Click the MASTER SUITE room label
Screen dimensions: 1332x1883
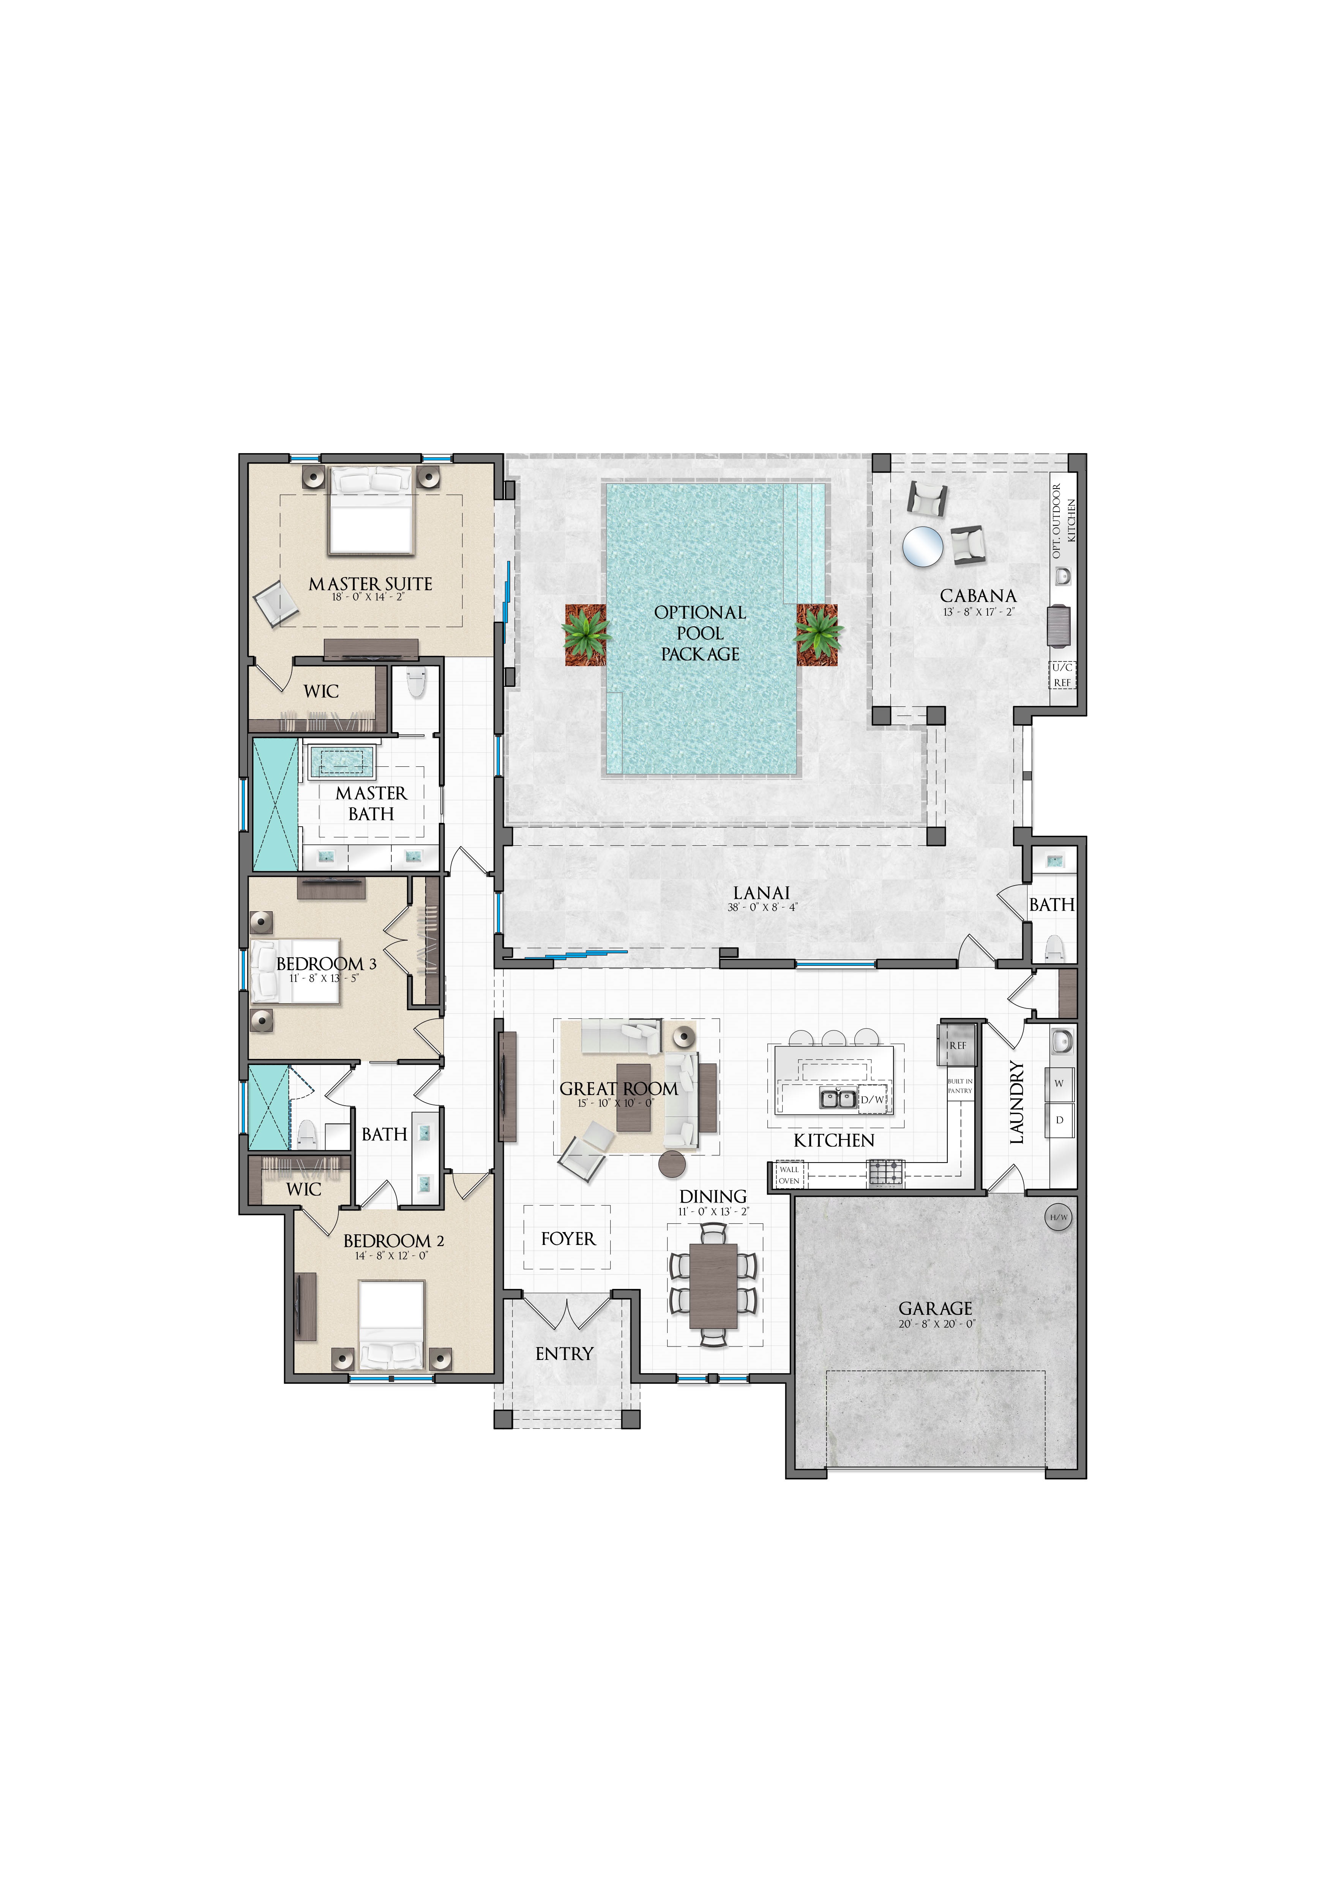pyautogui.click(x=371, y=584)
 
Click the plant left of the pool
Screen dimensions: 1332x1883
pyautogui.click(x=586, y=635)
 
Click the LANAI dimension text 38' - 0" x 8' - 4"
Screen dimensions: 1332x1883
pyautogui.click(x=762, y=907)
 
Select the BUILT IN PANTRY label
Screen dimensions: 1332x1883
pyautogui.click(x=960, y=1086)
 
